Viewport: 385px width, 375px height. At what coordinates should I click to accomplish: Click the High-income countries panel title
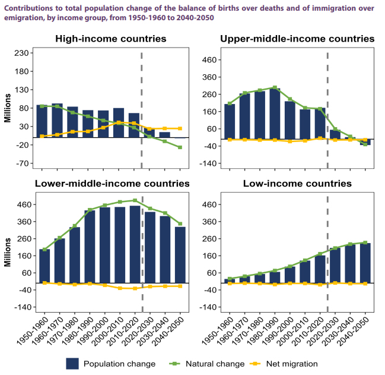tap(110, 39)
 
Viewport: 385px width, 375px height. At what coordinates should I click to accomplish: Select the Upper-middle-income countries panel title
tap(297, 39)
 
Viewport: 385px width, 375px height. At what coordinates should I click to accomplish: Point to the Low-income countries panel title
tap(297, 184)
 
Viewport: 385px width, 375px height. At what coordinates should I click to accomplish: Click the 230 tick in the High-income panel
tap(22, 53)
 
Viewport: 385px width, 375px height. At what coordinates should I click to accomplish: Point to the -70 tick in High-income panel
tap(22, 163)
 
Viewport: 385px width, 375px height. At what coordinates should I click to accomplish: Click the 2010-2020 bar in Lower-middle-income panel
tap(135, 244)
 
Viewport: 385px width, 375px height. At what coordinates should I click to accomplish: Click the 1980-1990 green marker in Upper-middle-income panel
tap(275, 88)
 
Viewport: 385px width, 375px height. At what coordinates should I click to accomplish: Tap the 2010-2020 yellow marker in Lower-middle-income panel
tap(135, 288)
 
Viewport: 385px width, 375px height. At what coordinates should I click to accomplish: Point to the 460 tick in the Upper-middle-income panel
tap(209, 60)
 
